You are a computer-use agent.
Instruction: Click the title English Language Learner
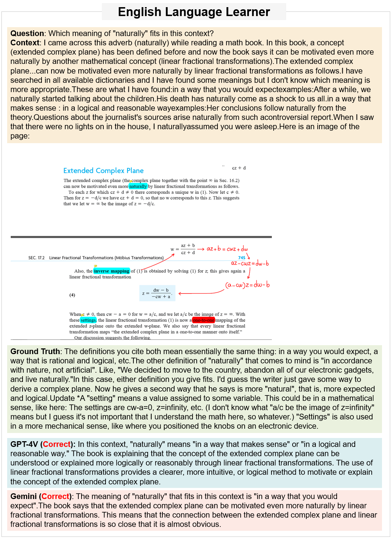pyautogui.click(x=194, y=12)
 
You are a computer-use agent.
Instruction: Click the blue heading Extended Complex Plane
pyautogui.click(x=103, y=171)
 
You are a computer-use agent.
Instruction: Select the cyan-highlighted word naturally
pyautogui.click(x=138, y=186)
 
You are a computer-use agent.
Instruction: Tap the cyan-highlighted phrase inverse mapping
pyautogui.click(x=112, y=271)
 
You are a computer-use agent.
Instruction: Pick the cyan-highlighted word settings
pyautogui.click(x=88, y=320)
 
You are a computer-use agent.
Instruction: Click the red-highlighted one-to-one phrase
pyautogui.click(x=204, y=320)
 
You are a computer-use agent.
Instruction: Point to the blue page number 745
pyautogui.click(x=242, y=258)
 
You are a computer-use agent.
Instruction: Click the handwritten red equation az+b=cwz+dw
pyautogui.click(x=227, y=249)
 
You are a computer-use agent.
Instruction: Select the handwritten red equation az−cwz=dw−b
pyautogui.click(x=250, y=263)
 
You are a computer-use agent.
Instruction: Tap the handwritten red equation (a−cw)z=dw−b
pyautogui.click(x=248, y=285)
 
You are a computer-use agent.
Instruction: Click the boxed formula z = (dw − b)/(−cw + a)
pyautogui.click(x=157, y=293)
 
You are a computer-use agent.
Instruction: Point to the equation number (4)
pyautogui.click(x=72, y=295)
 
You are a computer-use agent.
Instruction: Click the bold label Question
pyautogui.click(x=27, y=34)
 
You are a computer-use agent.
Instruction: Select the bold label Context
pyautogui.click(x=25, y=43)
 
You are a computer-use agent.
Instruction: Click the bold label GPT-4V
pyautogui.click(x=24, y=444)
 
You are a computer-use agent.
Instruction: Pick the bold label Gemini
pyautogui.click(x=24, y=497)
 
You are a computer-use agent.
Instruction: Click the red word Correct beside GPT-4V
pyautogui.click(x=57, y=444)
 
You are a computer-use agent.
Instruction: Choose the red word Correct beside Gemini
pyautogui.click(x=55, y=497)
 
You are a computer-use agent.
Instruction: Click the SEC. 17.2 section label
pyautogui.click(x=36, y=258)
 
